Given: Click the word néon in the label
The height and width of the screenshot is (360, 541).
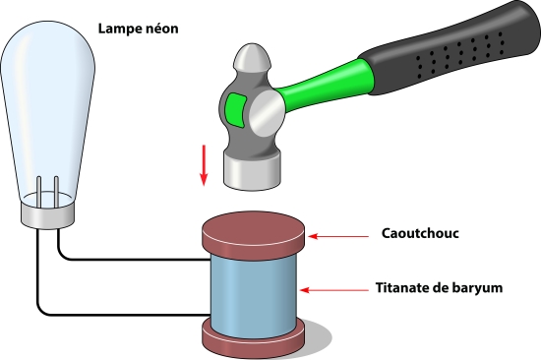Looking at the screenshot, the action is (162, 28).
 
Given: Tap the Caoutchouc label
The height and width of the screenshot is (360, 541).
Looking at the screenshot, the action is (420, 233).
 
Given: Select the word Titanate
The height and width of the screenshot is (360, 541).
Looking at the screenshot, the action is (402, 287).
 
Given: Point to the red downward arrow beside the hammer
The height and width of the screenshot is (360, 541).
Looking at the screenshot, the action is (204, 165).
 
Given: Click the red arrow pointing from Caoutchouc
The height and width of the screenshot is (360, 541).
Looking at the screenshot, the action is (338, 236).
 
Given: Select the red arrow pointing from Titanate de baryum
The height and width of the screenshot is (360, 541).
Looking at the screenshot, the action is (334, 290).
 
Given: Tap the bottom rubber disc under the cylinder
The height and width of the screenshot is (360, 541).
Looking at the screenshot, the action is (253, 340).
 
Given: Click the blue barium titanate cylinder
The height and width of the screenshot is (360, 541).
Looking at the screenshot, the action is (254, 295).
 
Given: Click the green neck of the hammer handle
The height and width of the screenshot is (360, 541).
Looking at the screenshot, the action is (325, 87).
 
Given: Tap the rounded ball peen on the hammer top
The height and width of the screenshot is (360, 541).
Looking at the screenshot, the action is (252, 57).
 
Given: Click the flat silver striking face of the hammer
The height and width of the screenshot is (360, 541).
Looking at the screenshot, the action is (252, 171).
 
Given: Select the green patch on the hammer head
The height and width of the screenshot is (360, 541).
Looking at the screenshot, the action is (236, 110).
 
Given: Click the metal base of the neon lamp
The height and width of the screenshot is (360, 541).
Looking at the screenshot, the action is (47, 214).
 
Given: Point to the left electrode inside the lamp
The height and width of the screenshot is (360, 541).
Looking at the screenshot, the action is (39, 193).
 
